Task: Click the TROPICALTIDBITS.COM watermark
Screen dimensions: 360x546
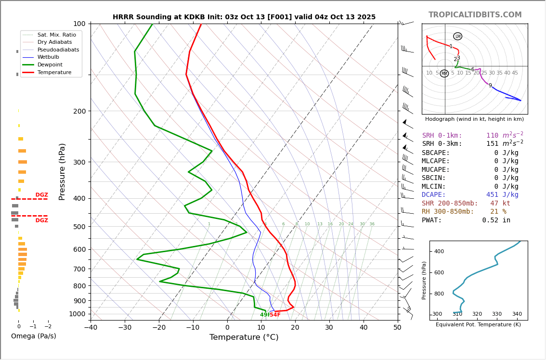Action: click(x=475, y=15)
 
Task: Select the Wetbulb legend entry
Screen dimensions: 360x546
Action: click(x=51, y=57)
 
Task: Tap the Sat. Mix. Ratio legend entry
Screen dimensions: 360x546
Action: click(x=56, y=35)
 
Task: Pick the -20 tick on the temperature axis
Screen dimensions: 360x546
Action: click(x=159, y=328)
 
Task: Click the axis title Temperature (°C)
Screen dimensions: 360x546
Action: click(x=244, y=337)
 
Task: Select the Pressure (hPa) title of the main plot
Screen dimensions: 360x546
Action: click(x=62, y=171)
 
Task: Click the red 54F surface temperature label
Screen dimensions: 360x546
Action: click(x=275, y=315)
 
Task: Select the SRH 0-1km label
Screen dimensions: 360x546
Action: click(x=442, y=136)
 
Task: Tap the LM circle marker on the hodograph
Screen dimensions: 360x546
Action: click(x=457, y=36)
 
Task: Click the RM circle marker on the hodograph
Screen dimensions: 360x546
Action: click(x=444, y=74)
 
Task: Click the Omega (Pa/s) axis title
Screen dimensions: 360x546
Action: click(x=34, y=336)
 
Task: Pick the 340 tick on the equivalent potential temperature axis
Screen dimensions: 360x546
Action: click(x=517, y=314)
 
